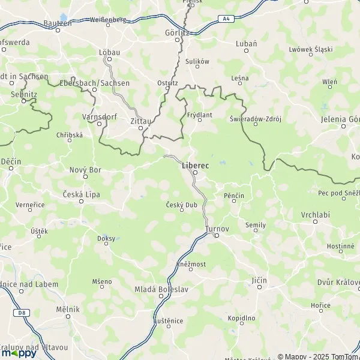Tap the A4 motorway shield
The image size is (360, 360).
click(x=226, y=19)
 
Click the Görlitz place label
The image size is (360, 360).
click(x=177, y=33)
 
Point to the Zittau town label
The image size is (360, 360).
click(x=140, y=119)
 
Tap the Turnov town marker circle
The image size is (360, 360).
click(x=217, y=236)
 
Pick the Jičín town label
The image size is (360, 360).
click(x=259, y=280)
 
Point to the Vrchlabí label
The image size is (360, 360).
click(x=314, y=214)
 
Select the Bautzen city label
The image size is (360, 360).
click(x=58, y=23)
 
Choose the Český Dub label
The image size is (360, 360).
click(x=181, y=205)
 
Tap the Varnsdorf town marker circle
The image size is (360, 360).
click(x=99, y=124)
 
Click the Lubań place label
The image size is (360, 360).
click(x=247, y=44)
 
